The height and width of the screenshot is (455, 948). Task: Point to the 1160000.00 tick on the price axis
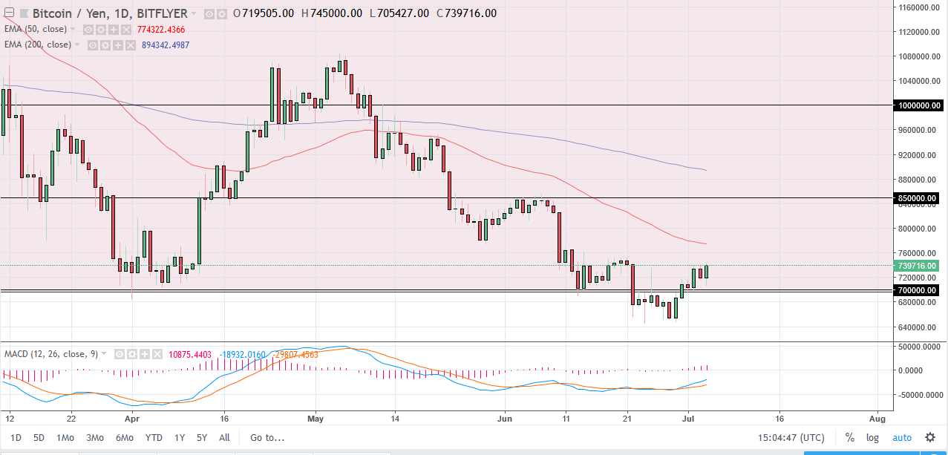pyautogui.click(x=919, y=8)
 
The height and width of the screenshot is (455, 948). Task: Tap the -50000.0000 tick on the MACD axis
pyautogui.click(x=919, y=395)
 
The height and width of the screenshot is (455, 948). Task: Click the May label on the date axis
pyautogui.click(x=316, y=418)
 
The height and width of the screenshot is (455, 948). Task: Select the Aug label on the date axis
pyautogui.click(x=877, y=418)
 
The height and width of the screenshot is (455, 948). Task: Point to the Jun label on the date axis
pyautogui.click(x=505, y=418)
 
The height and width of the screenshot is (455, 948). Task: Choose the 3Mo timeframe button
pyautogui.click(x=94, y=437)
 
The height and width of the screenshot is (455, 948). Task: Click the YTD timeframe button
pyautogui.click(x=154, y=437)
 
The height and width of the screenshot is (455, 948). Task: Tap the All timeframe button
pyautogui.click(x=225, y=437)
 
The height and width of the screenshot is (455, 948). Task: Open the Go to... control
pyautogui.click(x=267, y=437)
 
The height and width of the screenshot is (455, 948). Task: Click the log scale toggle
pyautogui.click(x=873, y=437)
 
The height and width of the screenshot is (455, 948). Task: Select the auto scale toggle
pyautogui.click(x=901, y=437)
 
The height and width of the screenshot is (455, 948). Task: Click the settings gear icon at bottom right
pyautogui.click(x=929, y=437)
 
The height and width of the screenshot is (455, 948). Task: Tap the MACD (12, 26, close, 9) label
pyautogui.click(x=50, y=354)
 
